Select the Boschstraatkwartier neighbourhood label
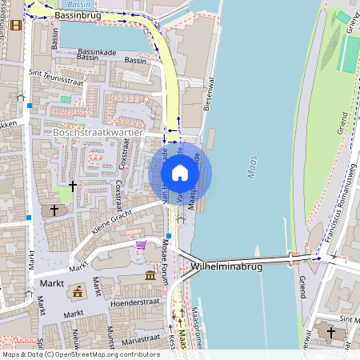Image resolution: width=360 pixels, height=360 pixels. (97, 132)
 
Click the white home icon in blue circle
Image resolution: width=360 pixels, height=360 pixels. (180, 172)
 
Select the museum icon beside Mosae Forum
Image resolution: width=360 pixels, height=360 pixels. (150, 276)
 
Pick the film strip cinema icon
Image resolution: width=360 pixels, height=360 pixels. (16, 24)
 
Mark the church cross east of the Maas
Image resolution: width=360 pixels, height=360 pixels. (330, 331)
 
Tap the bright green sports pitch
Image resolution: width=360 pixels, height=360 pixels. (350, 52)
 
